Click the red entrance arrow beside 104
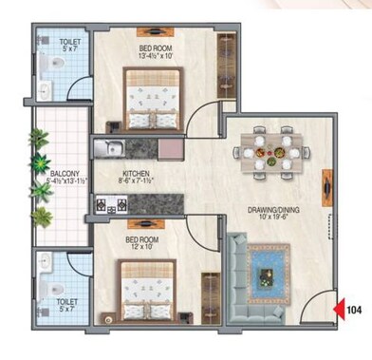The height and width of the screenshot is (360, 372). coord(339,308)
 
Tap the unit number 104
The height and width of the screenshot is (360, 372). coord(355,308)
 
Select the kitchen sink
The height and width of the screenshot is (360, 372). coord(110,148)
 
